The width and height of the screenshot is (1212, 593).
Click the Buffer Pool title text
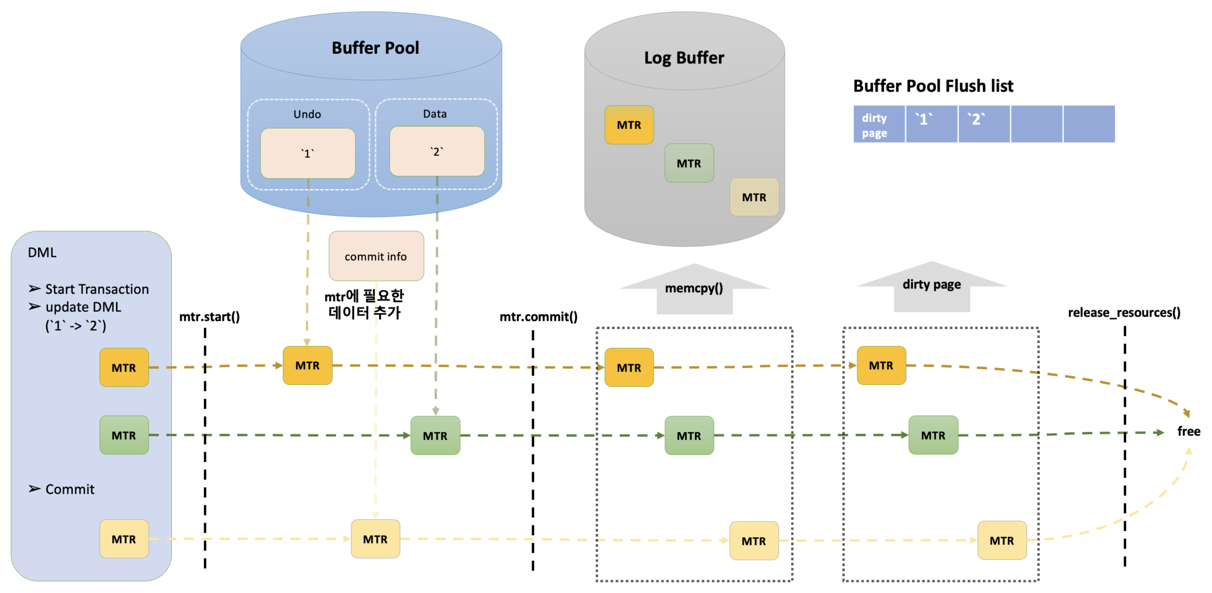tap(375, 48)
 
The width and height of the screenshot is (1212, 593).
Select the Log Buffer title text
tap(684, 58)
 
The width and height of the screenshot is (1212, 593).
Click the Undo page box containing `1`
tap(308, 153)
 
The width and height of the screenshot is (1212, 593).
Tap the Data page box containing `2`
tap(437, 151)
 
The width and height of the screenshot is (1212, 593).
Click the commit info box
tap(376, 256)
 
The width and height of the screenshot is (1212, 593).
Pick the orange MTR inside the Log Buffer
tap(629, 125)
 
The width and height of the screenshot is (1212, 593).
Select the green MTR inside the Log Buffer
tap(689, 163)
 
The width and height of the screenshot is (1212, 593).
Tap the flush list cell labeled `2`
tap(983, 124)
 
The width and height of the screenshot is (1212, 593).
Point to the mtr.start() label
tap(209, 317)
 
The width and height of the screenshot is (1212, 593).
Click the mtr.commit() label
tap(538, 317)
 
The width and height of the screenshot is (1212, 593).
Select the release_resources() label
tap(1124, 312)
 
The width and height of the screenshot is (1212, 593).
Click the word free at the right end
tap(1188, 431)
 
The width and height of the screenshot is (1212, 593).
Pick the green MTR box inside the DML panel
tap(124, 435)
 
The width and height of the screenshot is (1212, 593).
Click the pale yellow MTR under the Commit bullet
tap(124, 539)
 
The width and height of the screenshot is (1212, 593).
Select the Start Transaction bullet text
tap(96, 289)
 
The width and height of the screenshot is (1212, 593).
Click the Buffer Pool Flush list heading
tap(933, 86)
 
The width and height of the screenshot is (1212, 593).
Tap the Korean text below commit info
tap(364, 304)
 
